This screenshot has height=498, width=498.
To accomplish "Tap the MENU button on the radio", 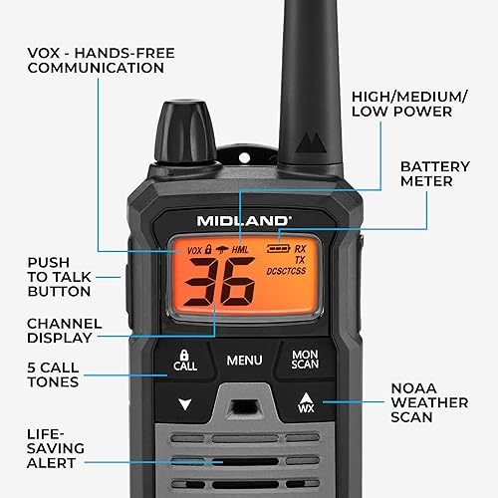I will tap(244, 360).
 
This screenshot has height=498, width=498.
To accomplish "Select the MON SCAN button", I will tap(305, 360).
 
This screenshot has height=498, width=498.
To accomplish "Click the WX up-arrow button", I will tap(305, 404).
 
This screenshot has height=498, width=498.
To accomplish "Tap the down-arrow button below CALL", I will tap(184, 405).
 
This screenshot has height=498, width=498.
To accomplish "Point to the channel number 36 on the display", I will tap(222, 285).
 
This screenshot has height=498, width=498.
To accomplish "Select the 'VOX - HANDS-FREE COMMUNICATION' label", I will tap(96, 59).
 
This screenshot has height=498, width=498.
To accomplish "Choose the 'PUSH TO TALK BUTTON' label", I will tap(60, 277).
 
